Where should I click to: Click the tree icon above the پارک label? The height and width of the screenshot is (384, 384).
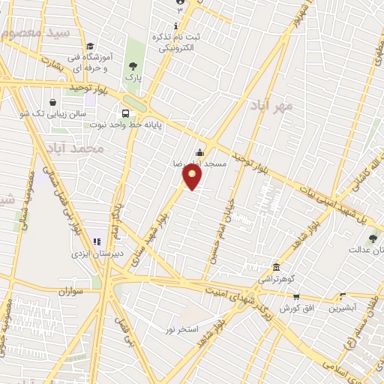[133, 66]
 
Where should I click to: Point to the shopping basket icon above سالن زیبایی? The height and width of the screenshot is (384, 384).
[52, 102]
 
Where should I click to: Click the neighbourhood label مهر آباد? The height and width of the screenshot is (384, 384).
[271, 106]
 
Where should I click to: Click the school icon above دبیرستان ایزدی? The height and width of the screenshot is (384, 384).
[96, 241]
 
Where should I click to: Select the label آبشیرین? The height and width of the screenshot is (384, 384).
[346, 307]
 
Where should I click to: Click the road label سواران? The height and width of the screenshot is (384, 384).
[67, 290]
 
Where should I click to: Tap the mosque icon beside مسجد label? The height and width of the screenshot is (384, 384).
[199, 154]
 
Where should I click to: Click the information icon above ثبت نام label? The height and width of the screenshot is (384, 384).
[175, 26]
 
